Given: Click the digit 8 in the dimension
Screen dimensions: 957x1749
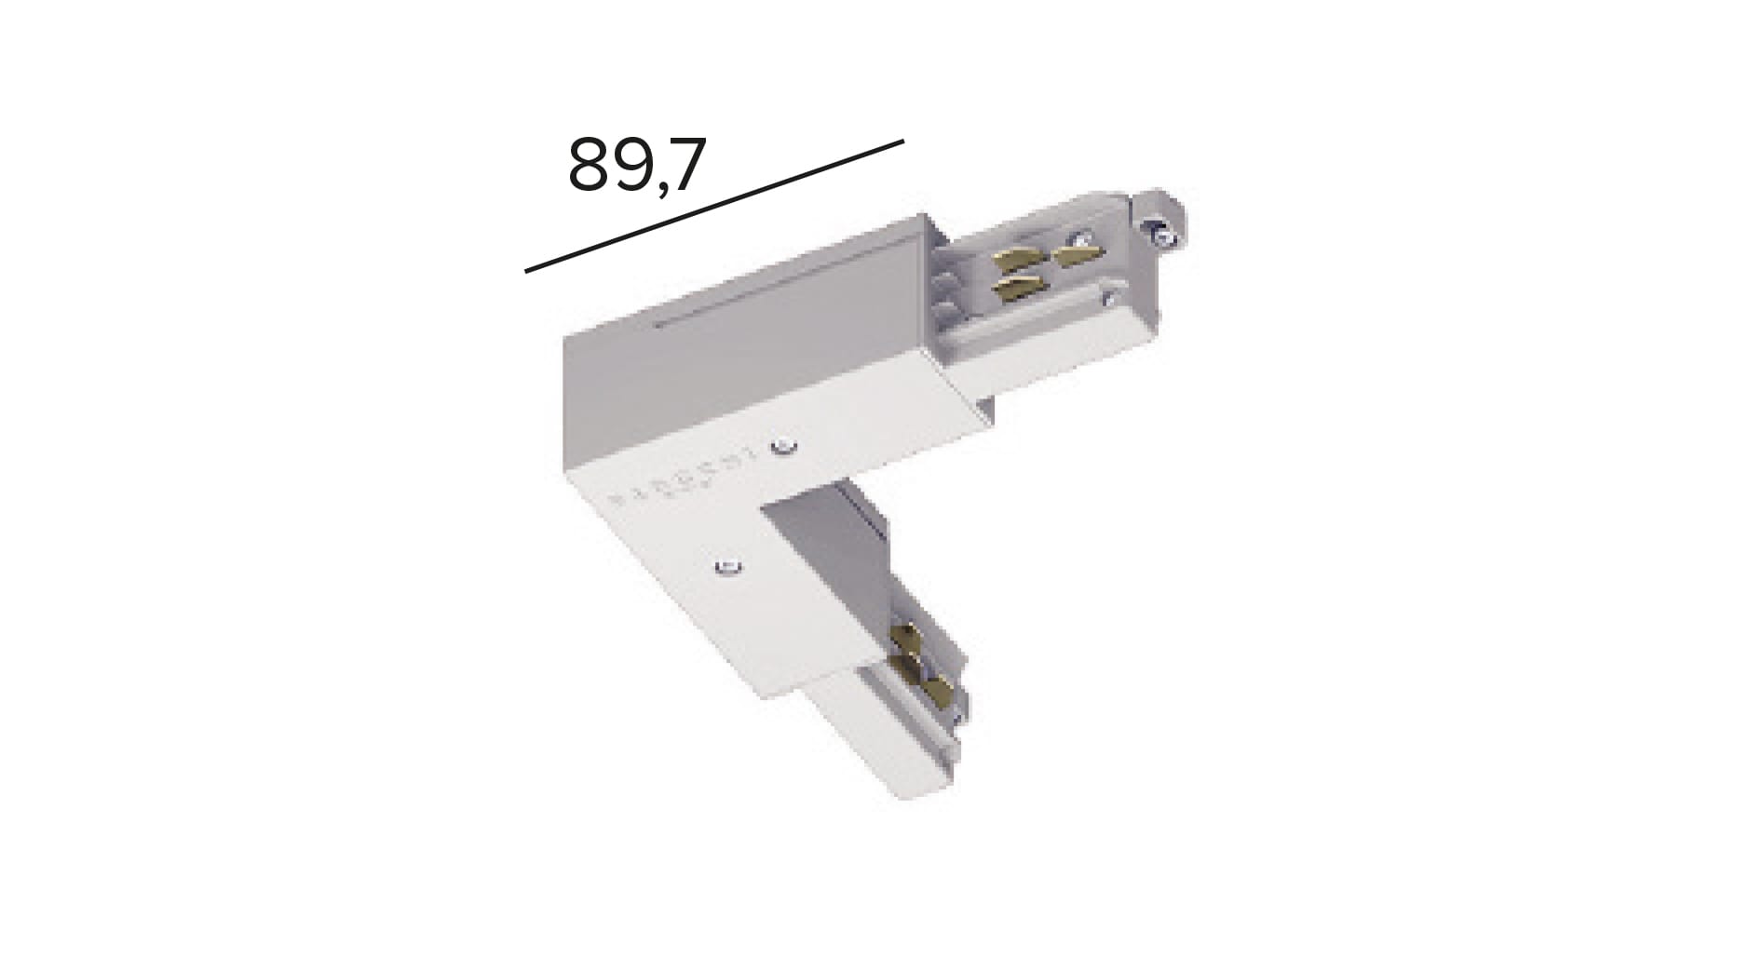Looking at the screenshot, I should tap(589, 166).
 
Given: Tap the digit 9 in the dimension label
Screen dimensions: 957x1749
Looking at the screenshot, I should tap(632, 166).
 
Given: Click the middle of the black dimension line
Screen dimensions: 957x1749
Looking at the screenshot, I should tap(714, 206).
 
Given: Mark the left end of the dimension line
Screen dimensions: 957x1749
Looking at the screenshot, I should tap(527, 271).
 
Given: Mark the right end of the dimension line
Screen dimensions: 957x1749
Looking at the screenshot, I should tap(902, 142).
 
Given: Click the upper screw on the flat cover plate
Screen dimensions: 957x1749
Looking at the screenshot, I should tap(785, 448).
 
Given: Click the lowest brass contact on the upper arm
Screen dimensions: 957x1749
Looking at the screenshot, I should tap(1015, 290).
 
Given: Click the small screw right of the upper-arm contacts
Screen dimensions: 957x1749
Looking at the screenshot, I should tap(1107, 298).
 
